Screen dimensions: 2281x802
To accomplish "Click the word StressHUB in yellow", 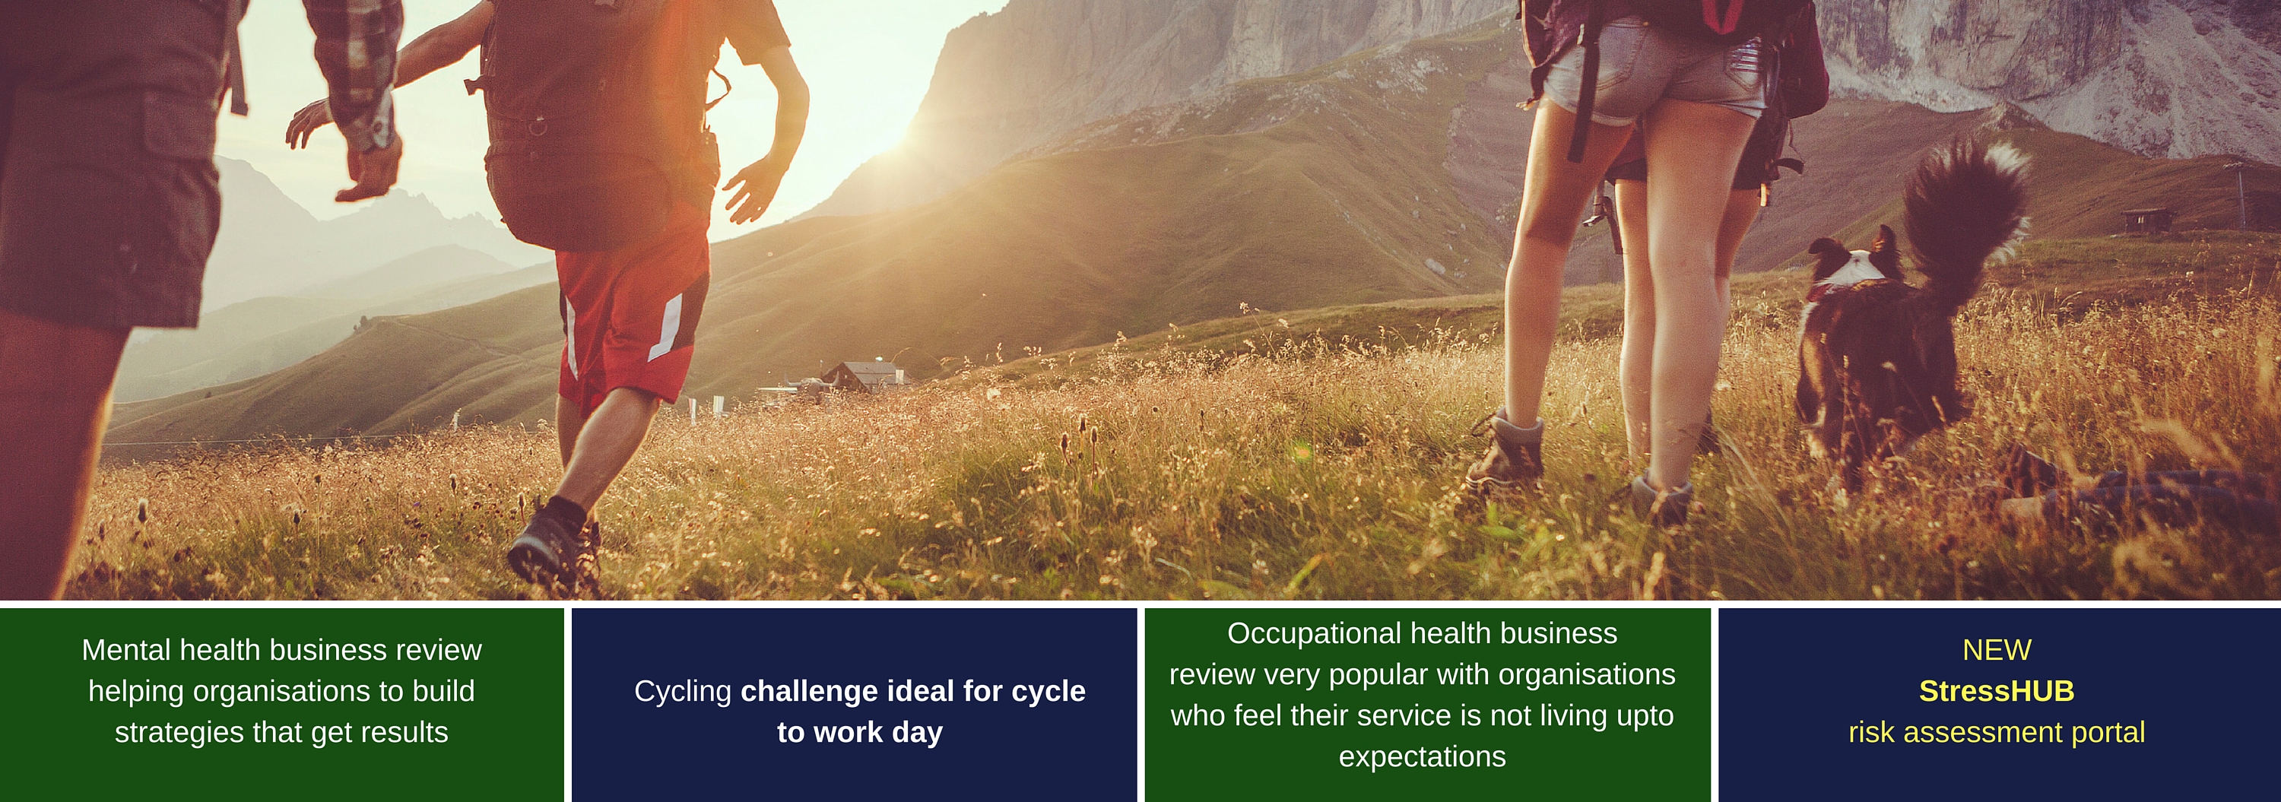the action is [x=1996, y=691].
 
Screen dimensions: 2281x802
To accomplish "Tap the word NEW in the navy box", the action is [x=1997, y=651].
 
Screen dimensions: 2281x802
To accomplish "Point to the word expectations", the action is [x=1422, y=758].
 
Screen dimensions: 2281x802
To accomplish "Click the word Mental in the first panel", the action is [x=127, y=651].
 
